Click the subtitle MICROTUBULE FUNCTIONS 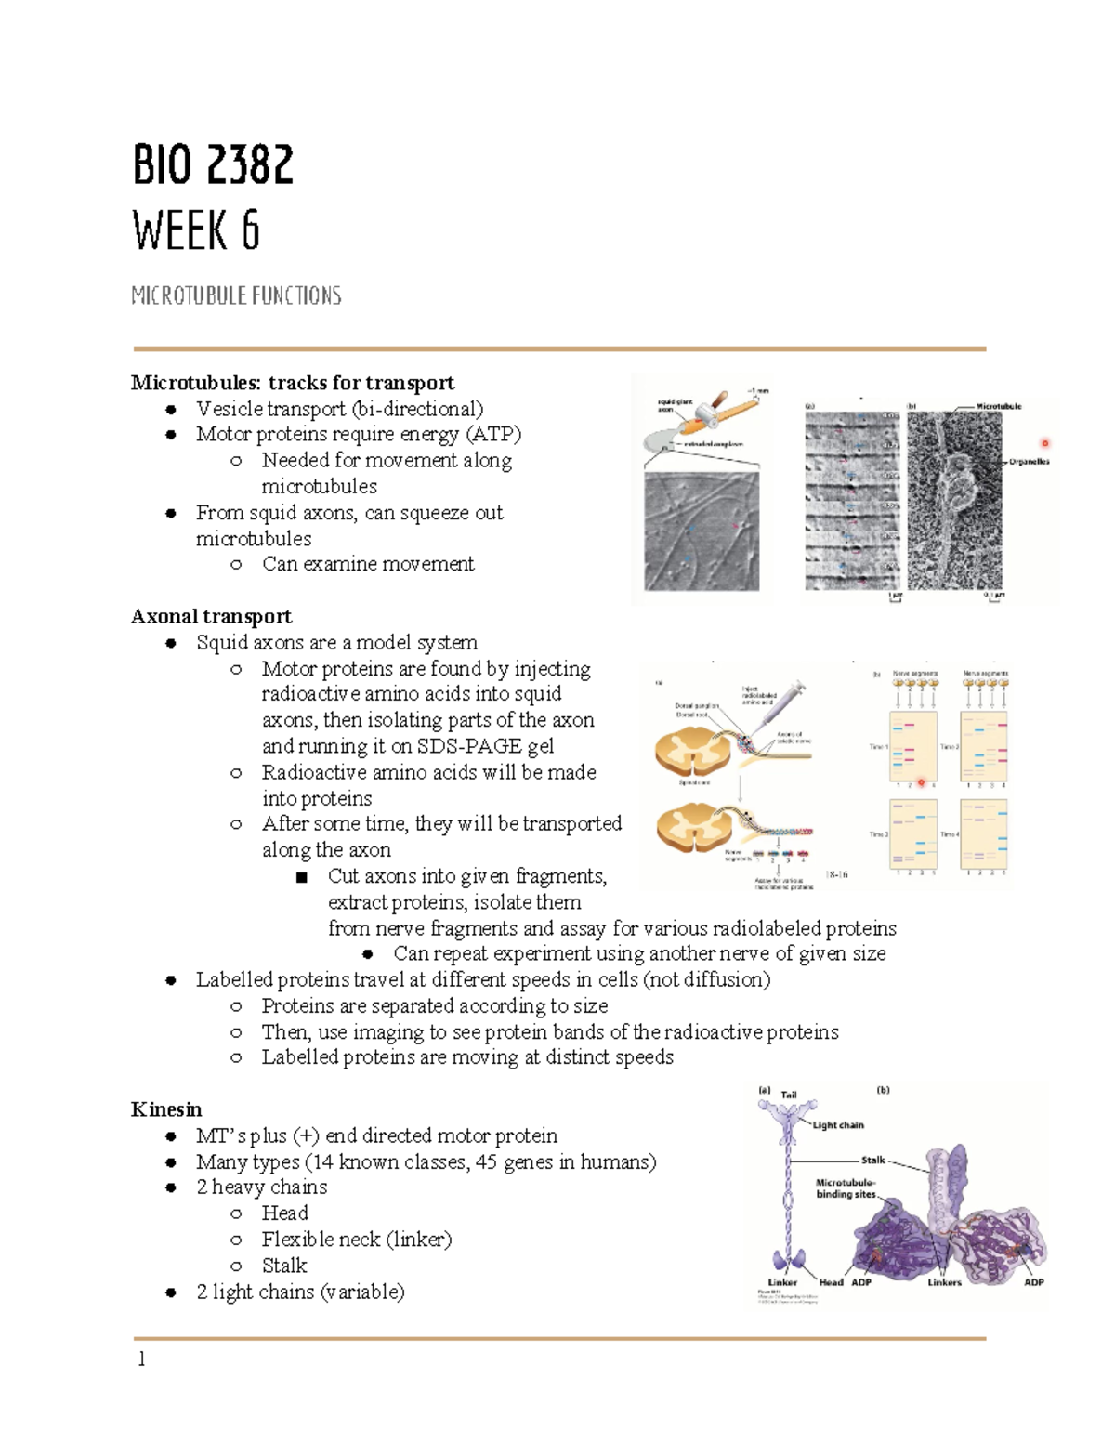[236, 296]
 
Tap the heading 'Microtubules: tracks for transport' [293, 383]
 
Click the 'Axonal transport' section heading [211, 616]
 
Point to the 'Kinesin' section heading [166, 1109]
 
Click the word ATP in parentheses [493, 434]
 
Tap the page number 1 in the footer [141, 1359]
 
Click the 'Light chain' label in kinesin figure [838, 1125]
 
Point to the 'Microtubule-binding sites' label [846, 1188]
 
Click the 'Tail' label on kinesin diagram [789, 1095]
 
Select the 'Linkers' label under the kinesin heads [944, 1282]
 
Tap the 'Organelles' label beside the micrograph [1029, 462]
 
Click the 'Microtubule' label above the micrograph [999, 406]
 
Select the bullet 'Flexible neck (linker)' [356, 1240]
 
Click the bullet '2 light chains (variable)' [300, 1292]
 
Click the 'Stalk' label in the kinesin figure [872, 1160]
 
